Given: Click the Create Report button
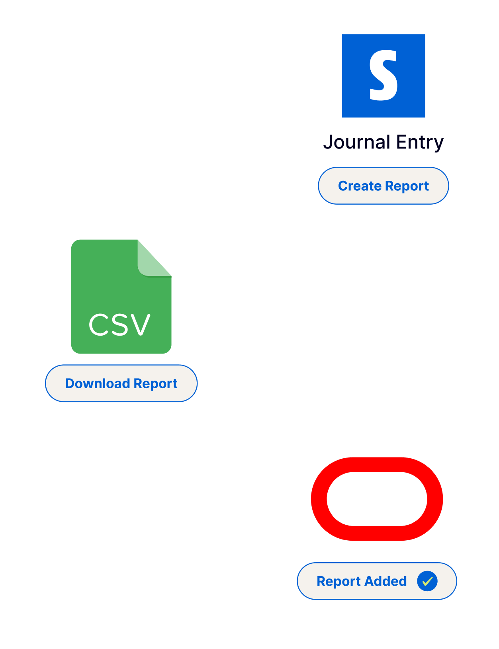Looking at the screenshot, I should tap(383, 186).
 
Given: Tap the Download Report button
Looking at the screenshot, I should tap(121, 383).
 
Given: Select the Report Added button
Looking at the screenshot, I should tap(376, 581).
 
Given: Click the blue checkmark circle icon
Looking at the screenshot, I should tap(427, 581).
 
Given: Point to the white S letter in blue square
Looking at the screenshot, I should tap(383, 76).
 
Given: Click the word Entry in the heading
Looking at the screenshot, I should tap(420, 142).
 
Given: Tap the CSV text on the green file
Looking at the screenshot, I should tap(119, 324).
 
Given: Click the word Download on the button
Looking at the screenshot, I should tap(98, 383).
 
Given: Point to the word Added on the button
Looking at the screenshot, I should tap(386, 581).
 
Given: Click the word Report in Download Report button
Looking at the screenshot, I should tap(155, 383).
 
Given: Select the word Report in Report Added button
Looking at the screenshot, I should tap(339, 581).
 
